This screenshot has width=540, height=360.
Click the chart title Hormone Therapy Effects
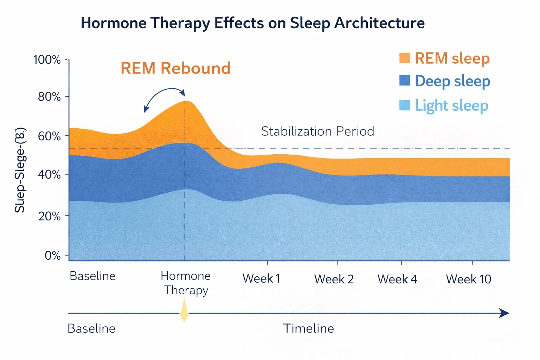pos(252,23)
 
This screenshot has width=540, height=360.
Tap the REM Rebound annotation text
pos(175,68)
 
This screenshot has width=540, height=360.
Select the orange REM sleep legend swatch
pos(405,58)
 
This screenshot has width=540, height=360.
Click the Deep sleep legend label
pos(452,81)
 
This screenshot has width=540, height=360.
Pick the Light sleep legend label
pos(451,105)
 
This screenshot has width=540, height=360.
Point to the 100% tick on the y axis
pos(47,60)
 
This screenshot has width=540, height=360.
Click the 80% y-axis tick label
pos(49,97)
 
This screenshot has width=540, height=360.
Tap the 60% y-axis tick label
pos(49,136)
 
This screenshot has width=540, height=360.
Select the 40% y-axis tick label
pos(49,174)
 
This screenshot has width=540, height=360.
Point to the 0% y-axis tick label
pos(52,256)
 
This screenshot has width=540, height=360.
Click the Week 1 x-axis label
pos(261,279)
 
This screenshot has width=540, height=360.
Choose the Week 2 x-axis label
pos(334,279)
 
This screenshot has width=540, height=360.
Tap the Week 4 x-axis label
pos(397,279)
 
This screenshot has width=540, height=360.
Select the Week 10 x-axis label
pos(468,279)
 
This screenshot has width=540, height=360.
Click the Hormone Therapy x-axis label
pos(186,283)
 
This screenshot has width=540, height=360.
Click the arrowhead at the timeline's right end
pos(504,313)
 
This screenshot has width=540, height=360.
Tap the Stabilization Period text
pos(317,131)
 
